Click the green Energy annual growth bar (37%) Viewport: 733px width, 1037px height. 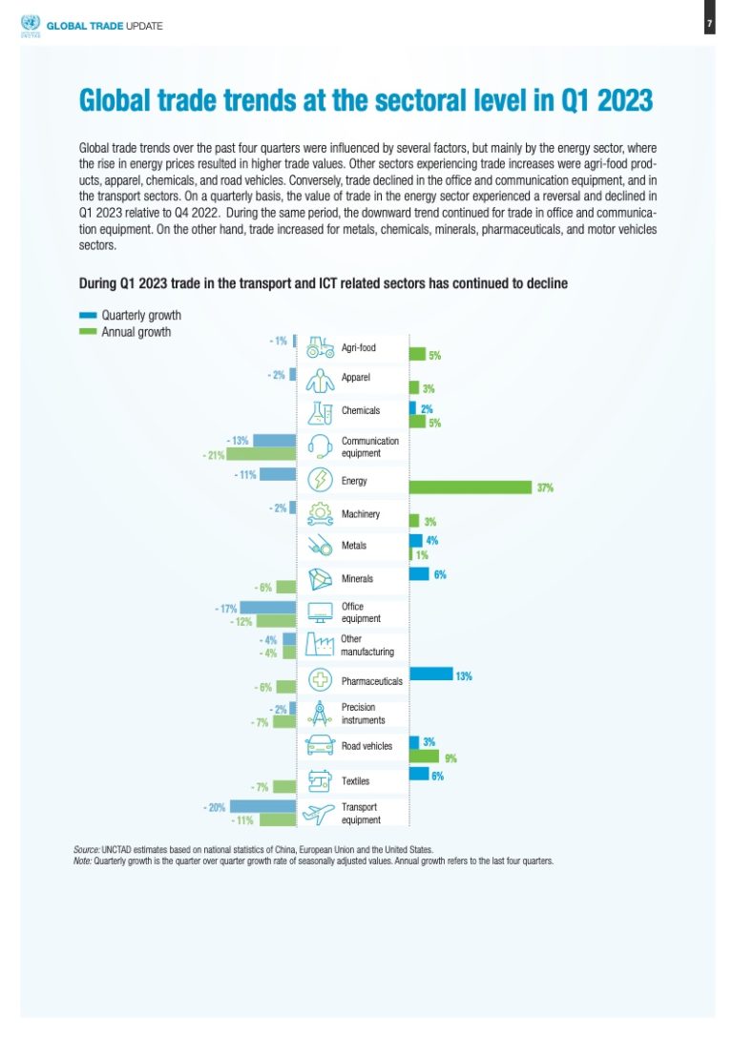pos(471,487)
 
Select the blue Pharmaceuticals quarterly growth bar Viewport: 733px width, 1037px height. pos(430,674)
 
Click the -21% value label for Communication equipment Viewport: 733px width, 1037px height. pos(214,455)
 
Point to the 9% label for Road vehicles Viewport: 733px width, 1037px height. pos(450,758)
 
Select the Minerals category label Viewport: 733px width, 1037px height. pos(357,579)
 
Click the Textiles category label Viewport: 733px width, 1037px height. pos(356,781)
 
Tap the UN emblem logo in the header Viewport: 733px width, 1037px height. pos(27,24)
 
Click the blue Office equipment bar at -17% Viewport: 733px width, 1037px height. pos(268,607)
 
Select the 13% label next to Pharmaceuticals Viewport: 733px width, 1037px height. pos(464,675)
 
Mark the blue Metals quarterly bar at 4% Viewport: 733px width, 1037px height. pos(415,540)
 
